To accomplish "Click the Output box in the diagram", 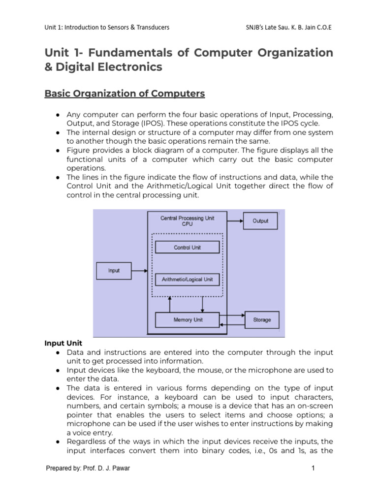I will (260, 221).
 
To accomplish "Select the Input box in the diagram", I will (114, 270).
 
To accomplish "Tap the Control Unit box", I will (188, 247).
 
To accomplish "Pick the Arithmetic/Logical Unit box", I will (188, 279).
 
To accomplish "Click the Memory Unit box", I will (188, 320).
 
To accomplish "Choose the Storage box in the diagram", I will (262, 320).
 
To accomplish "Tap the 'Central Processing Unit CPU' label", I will (188, 220).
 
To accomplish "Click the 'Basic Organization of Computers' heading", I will (125, 94).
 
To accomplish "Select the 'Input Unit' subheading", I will (63, 343).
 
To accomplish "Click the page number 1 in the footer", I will (313, 468).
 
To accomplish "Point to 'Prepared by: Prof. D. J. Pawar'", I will (88, 468).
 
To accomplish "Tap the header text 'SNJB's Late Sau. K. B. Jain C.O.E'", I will (288, 28).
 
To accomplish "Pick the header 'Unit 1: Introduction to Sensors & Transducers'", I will (107, 28).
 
